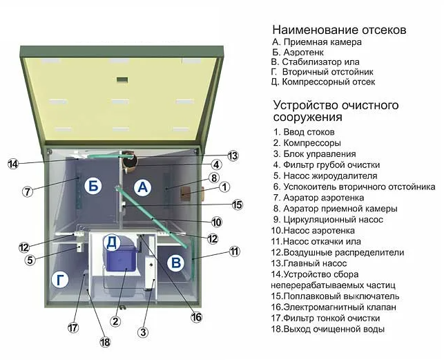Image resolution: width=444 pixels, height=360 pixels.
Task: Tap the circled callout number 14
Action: point(13,164)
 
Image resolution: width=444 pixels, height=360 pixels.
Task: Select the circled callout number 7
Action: point(27,191)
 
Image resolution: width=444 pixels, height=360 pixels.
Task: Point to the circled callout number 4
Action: point(216,165)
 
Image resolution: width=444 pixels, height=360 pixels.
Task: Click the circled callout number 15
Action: point(237,205)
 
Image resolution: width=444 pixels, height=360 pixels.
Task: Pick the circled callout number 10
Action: point(216,222)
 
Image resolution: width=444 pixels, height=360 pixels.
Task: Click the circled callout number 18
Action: point(105,342)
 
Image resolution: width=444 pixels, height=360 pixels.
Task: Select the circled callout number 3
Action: point(143,332)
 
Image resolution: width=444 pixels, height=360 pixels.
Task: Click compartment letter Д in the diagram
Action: point(112,242)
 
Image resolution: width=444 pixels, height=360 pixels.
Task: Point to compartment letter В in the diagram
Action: point(176,262)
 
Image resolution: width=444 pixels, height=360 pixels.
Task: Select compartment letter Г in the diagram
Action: point(61,280)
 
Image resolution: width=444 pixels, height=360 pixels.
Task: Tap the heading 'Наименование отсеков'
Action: point(339,30)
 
